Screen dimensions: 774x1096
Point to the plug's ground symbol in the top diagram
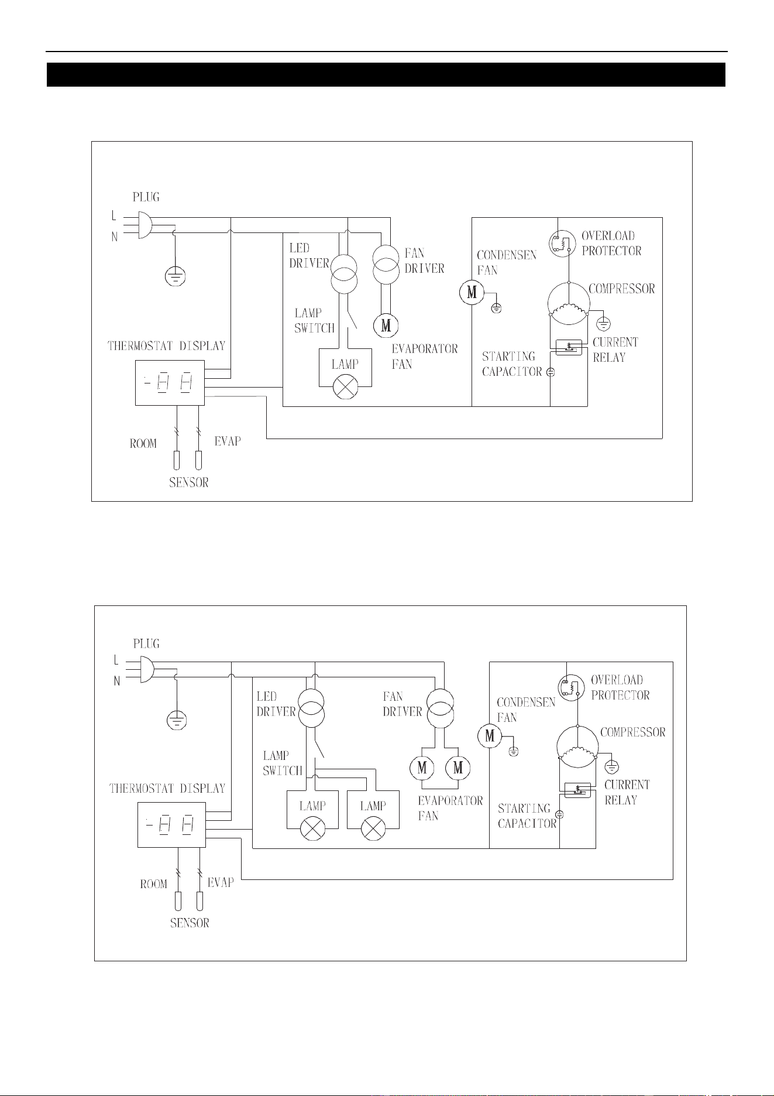174,275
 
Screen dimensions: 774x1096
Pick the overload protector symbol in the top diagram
560,244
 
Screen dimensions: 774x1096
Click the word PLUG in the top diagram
146,197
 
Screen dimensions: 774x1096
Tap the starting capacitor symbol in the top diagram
551,372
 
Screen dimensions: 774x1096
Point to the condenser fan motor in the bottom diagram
490,735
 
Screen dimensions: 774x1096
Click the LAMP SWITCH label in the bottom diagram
283,763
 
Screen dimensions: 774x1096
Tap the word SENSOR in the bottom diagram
190,923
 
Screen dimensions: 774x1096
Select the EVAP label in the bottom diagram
221,882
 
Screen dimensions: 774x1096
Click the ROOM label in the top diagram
143,443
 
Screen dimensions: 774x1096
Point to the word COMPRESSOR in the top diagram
622,289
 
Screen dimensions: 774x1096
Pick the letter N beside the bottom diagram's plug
117,681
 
